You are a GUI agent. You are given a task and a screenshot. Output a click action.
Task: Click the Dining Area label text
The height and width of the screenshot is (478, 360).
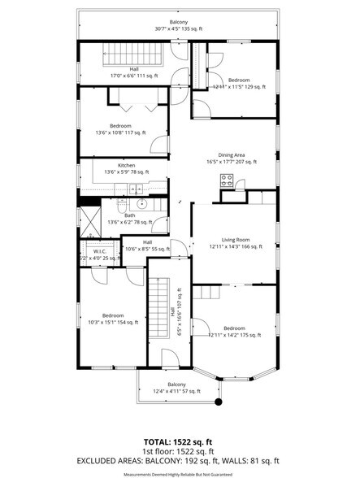click(232, 154)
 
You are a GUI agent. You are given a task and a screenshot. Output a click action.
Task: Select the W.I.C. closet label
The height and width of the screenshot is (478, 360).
click(100, 252)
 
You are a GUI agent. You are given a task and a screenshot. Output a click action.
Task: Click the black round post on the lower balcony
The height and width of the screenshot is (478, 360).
click(217, 401)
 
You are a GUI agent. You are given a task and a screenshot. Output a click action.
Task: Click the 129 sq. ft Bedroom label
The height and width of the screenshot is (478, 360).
click(238, 80)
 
